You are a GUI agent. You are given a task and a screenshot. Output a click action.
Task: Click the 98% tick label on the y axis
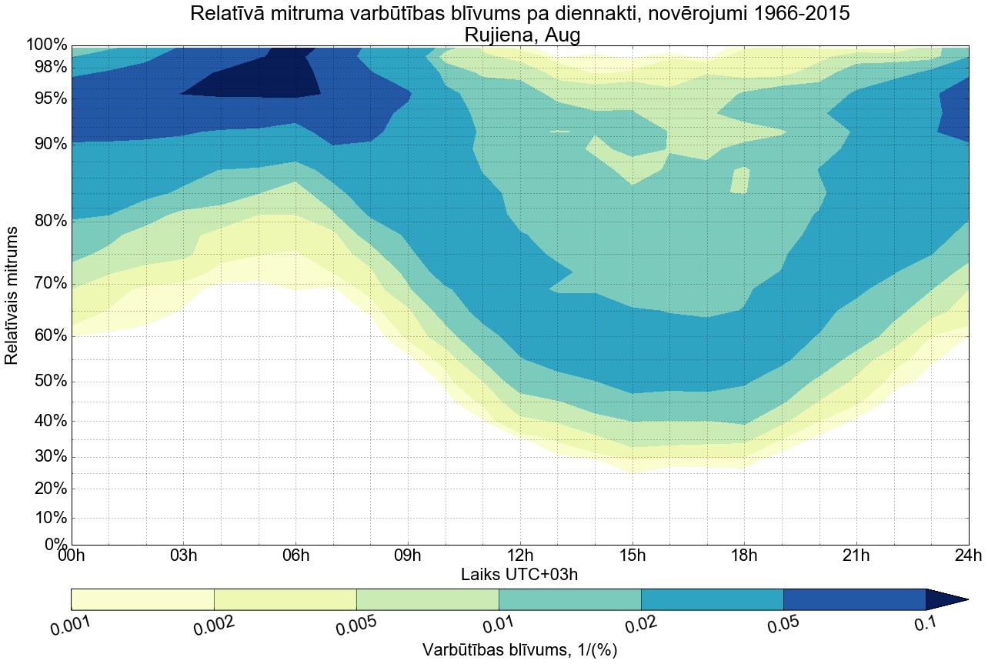click(x=46, y=67)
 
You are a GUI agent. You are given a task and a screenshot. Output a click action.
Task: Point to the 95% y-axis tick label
click(x=46, y=98)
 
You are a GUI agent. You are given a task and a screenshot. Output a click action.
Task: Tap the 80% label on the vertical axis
click(x=46, y=221)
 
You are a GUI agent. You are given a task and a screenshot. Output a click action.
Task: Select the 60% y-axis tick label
click(x=46, y=335)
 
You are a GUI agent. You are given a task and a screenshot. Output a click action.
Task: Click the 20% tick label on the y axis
click(x=46, y=489)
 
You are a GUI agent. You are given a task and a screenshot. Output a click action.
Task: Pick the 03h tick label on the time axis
click(x=183, y=556)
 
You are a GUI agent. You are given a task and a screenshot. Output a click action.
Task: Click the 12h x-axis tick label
click(x=519, y=556)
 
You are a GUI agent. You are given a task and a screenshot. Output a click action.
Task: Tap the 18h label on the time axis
click(x=743, y=556)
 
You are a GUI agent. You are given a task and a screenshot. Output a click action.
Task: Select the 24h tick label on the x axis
click(x=967, y=556)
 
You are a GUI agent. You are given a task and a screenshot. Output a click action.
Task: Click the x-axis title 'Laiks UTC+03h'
click(x=519, y=574)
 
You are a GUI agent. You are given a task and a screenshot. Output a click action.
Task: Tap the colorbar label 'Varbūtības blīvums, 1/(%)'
click(x=519, y=650)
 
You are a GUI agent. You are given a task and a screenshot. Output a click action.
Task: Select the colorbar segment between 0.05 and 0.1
click(x=854, y=599)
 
